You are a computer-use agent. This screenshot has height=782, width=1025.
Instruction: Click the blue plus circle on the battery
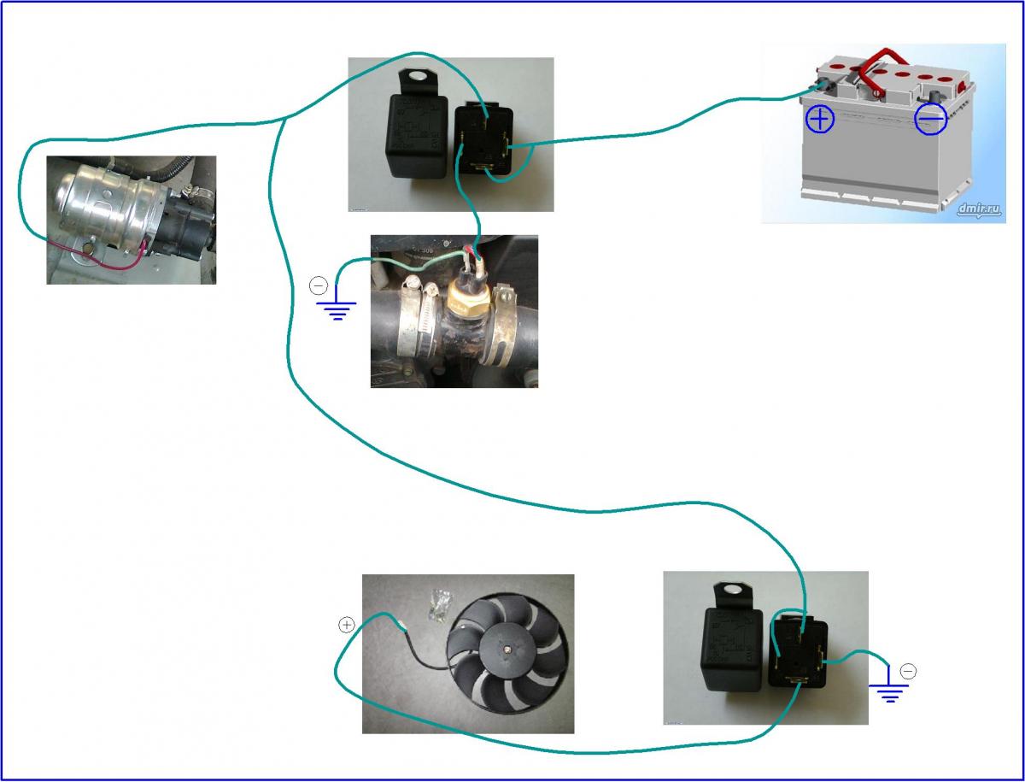coord(820,119)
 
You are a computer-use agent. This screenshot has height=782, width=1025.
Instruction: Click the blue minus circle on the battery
coord(930,121)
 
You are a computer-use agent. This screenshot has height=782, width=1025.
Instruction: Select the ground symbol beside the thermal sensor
coord(338,309)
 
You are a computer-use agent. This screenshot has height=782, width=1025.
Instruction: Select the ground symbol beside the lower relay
coord(889,691)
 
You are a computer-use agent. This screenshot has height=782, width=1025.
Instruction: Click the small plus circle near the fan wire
coord(346,625)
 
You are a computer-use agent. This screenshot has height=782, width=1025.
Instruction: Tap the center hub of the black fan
coord(507,651)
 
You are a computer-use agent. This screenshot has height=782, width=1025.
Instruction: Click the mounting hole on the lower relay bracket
coord(732,591)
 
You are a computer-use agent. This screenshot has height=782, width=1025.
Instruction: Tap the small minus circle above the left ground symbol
coord(319,285)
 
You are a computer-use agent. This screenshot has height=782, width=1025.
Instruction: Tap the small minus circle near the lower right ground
coord(908,672)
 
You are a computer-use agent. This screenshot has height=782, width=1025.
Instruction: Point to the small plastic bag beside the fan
coord(441,603)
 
